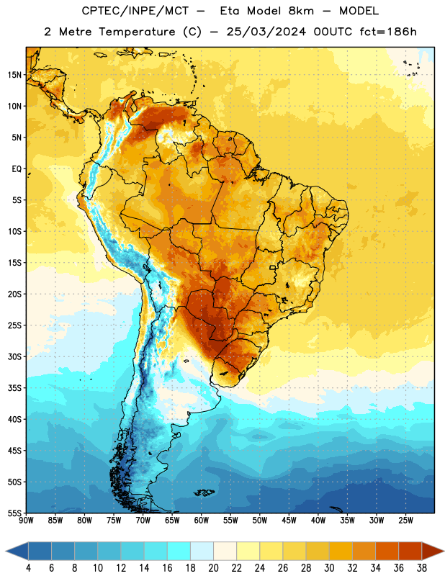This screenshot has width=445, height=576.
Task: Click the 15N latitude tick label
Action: pos(14,75)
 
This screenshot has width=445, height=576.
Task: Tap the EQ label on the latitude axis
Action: pos(17,169)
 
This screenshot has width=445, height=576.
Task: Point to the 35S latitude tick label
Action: pos(14,388)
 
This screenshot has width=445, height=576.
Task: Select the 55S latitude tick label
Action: pos(14,513)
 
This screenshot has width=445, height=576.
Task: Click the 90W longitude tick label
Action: pos(26,521)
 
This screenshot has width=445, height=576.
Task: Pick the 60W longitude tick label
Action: pos(202,521)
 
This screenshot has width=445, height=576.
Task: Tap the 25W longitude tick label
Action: pos(405,521)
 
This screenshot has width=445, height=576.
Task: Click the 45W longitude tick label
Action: pos(289,521)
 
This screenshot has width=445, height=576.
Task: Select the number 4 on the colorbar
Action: pos(28,568)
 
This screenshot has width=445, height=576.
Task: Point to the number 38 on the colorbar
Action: pos(422,568)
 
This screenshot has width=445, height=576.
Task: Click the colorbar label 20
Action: pos(213,568)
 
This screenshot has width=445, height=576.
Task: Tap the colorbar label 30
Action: pos(329,568)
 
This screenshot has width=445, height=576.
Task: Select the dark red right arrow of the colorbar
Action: pos(432,551)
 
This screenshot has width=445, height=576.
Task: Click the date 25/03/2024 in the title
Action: pos(266,32)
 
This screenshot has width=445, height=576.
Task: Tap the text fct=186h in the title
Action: pos(388,32)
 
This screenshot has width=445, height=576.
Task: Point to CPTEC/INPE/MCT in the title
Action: pos(135,11)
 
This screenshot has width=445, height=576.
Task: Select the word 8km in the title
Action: pos(301,11)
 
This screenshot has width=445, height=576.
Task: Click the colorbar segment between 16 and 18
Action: pos(179,551)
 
